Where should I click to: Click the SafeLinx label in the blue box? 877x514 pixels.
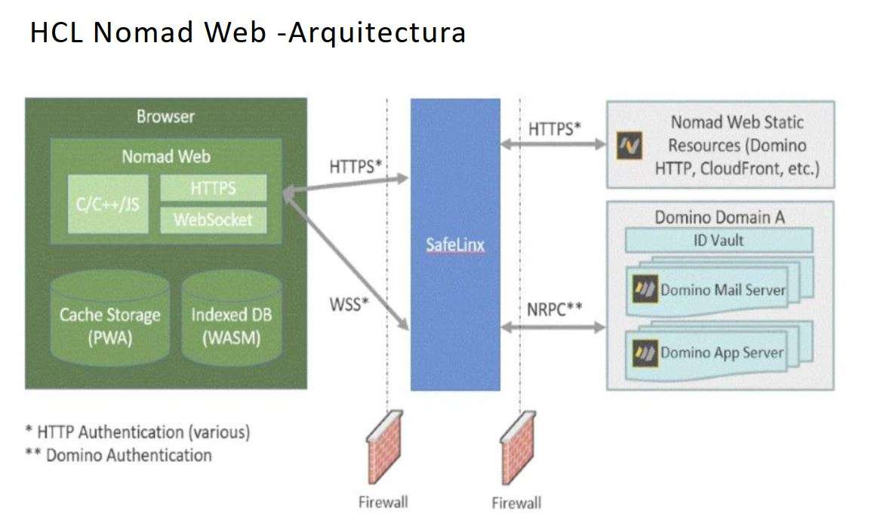[x=455, y=245]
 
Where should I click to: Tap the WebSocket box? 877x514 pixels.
[x=214, y=220]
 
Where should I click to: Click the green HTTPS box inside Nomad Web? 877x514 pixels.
[x=214, y=188]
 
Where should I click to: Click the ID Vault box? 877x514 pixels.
[x=718, y=241]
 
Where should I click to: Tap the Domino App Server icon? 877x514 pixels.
[x=644, y=352]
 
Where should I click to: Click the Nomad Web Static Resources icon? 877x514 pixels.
[x=629, y=146]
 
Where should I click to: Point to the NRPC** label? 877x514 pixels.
[x=554, y=309]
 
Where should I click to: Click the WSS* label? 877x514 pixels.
[x=349, y=305]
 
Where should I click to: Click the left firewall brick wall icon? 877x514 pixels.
[x=385, y=447]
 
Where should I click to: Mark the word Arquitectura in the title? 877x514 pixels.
[x=378, y=33]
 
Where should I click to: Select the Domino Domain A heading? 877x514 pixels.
[x=719, y=217]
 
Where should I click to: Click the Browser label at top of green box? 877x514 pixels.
[x=165, y=117]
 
